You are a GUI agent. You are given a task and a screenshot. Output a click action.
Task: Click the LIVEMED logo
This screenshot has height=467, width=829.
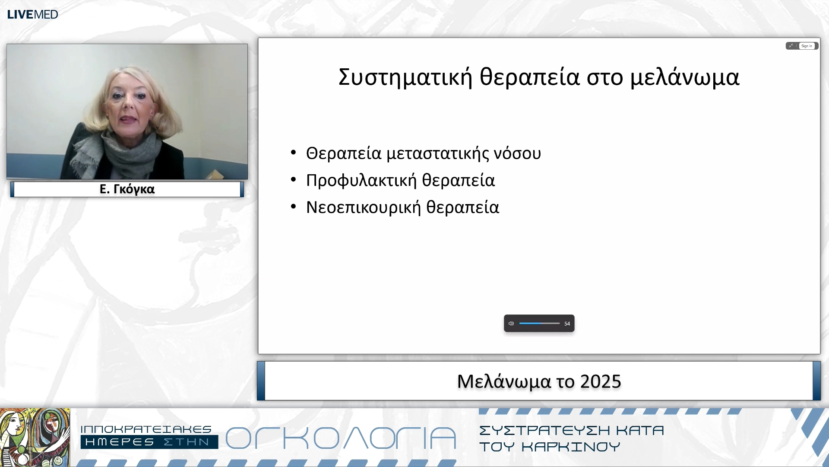(x=32, y=14)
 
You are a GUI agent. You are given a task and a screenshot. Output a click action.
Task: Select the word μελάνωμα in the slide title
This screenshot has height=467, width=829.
(x=685, y=77)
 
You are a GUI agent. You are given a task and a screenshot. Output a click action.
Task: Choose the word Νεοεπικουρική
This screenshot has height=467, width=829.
(x=363, y=208)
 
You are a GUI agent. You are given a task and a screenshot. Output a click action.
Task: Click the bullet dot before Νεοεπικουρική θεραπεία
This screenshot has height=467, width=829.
(x=294, y=206)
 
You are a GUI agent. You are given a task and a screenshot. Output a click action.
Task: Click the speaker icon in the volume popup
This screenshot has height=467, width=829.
(x=511, y=323)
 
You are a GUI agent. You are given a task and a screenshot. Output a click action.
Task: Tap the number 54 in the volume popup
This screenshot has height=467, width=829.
(x=567, y=324)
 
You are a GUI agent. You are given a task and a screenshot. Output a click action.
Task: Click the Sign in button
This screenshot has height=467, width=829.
(x=807, y=46)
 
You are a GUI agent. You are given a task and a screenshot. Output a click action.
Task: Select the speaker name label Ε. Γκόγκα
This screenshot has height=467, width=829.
(x=127, y=189)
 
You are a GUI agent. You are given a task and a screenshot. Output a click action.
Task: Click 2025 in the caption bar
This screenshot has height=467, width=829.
(x=600, y=381)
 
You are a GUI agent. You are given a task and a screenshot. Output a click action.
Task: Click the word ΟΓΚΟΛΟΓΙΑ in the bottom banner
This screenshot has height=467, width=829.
(x=341, y=438)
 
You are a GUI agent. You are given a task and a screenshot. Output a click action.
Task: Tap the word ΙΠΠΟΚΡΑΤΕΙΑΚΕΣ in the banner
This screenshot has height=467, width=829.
(x=146, y=429)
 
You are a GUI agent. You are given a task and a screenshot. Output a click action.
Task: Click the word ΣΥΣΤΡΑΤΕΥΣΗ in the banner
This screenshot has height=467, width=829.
(x=544, y=430)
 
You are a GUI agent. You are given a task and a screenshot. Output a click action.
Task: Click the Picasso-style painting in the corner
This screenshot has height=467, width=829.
(x=35, y=437)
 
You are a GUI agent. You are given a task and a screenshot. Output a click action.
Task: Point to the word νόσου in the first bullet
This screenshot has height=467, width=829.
(x=517, y=154)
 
